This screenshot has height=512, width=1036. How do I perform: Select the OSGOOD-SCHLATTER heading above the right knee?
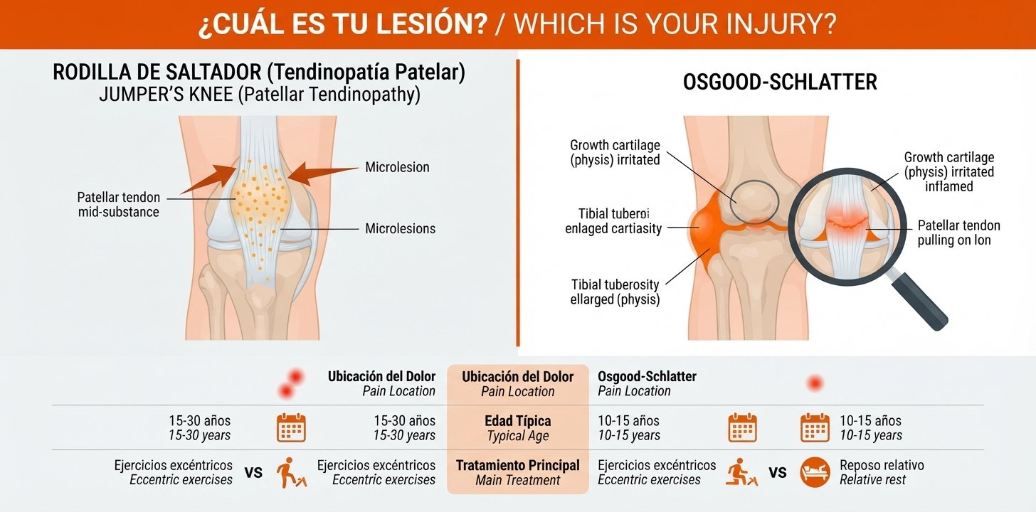point(780,82)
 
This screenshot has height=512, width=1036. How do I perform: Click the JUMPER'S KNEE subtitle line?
point(260,95)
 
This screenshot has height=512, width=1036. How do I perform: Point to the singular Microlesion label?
point(397,167)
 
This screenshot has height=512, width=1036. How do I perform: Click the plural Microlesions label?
point(400,228)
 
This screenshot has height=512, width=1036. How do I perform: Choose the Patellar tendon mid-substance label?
point(118,204)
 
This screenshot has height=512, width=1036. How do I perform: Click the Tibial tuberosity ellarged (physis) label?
point(615,292)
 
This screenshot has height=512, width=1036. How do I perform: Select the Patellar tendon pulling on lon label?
point(958,233)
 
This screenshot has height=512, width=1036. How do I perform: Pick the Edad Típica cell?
point(517,428)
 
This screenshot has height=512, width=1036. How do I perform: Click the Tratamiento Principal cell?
point(517,472)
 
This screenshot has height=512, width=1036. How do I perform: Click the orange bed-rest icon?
point(815,472)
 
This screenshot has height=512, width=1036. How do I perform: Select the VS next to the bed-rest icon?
point(778,472)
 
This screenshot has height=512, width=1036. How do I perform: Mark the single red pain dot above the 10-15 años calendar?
point(815,383)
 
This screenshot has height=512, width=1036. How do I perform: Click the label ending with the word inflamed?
point(949,172)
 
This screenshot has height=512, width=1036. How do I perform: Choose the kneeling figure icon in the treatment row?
point(741,471)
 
